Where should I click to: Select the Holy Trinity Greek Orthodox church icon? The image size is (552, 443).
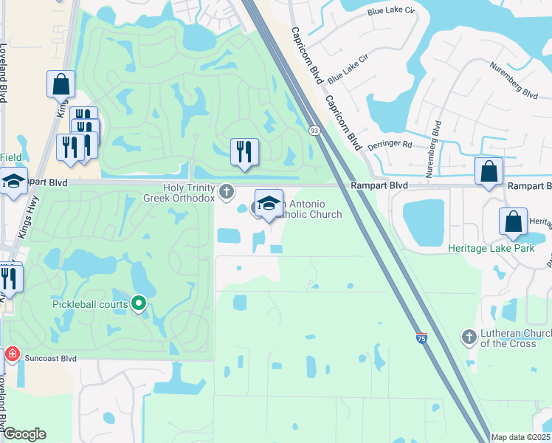click(x=227, y=192)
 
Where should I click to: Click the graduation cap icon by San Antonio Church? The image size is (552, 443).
click(x=269, y=204)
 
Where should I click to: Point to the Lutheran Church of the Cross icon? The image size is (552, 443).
click(x=469, y=337)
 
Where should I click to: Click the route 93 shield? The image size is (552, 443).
click(x=314, y=130)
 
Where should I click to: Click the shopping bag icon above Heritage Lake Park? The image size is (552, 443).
click(x=513, y=221)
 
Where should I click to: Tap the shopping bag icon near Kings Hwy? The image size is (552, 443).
click(x=61, y=83)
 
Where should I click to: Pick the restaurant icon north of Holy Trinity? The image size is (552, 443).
click(x=244, y=152)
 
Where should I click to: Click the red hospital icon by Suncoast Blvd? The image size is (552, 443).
click(x=11, y=355)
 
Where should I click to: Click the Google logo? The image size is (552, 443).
click(x=24, y=434)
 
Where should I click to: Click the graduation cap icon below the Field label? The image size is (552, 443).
click(x=13, y=182)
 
